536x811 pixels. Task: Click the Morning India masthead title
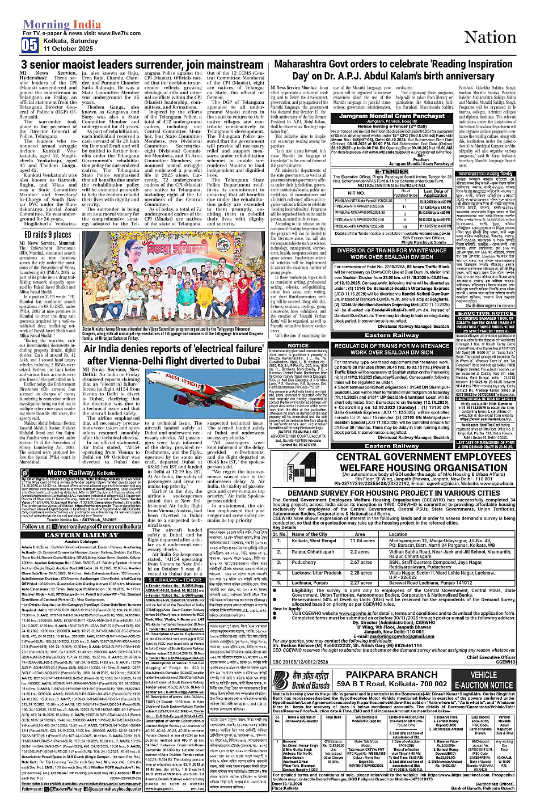click(x=62, y=25)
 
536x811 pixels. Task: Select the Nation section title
click(x=490, y=37)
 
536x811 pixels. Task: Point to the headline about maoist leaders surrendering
click(x=142, y=65)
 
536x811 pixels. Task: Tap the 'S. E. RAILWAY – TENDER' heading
click(x=175, y=580)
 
